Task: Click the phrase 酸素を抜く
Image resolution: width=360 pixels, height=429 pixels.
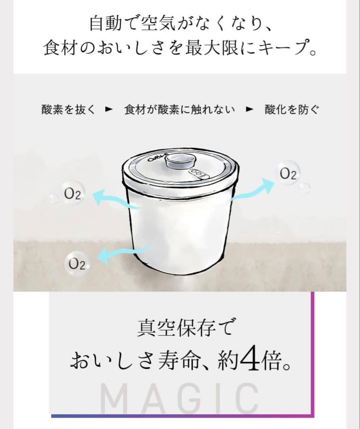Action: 68,110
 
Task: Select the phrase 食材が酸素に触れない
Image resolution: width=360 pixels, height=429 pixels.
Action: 179,110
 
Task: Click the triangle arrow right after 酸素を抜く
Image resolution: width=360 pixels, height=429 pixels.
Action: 107,110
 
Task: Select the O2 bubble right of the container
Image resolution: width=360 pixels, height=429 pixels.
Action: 288,174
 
